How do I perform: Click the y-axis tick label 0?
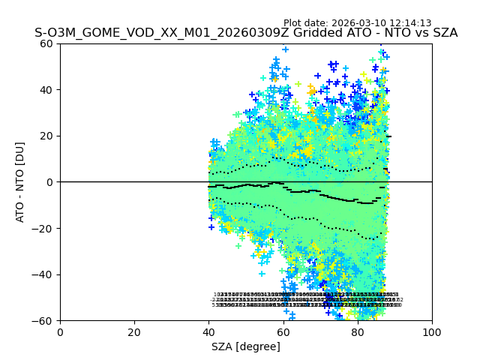tap(52, 182)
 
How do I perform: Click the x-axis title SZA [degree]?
tap(246, 346)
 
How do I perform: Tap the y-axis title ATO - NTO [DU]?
tap(21, 182)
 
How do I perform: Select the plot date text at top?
tap(357, 23)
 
